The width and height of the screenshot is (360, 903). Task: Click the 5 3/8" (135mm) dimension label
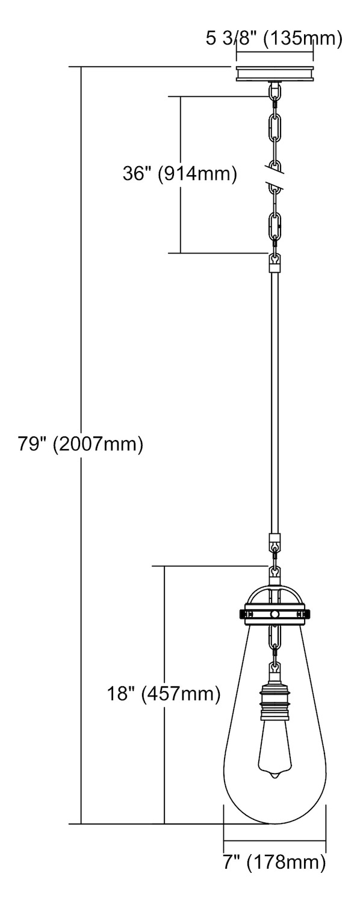coord(274,39)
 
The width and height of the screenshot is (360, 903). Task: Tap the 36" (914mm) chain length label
coord(179,174)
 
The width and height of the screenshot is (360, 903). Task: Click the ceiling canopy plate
coord(275,74)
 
